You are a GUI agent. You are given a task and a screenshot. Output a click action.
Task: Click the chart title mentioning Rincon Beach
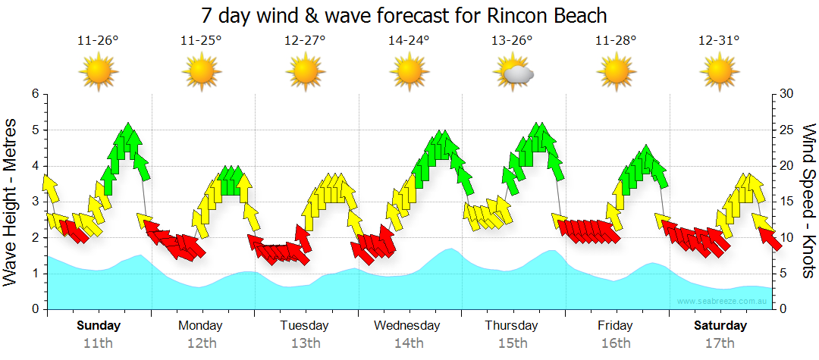(x=405, y=16)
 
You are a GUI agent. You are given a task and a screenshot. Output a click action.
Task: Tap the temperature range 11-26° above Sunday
(x=98, y=40)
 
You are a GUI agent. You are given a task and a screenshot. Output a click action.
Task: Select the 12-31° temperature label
(x=719, y=40)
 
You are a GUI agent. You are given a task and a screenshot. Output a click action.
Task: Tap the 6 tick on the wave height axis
(x=34, y=94)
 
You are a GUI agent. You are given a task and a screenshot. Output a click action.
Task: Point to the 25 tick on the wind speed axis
(x=786, y=130)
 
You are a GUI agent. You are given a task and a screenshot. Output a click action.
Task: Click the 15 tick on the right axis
(x=786, y=202)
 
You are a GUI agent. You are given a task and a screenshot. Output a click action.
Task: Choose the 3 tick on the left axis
(x=34, y=202)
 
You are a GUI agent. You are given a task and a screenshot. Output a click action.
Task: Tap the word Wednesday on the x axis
(x=407, y=326)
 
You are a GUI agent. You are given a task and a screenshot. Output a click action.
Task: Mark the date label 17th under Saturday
(x=720, y=343)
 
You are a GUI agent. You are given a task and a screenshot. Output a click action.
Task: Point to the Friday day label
(x=615, y=326)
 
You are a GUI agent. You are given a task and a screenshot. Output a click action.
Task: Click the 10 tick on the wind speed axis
(x=786, y=237)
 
